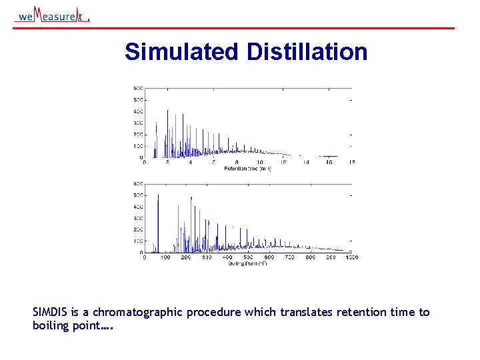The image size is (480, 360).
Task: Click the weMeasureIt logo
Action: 52,15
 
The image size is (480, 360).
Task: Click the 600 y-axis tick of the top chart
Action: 138,88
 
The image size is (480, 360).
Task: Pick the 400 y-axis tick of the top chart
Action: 138,111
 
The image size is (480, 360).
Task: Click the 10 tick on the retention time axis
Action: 259,162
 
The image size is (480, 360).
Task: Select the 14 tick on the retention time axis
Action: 306,162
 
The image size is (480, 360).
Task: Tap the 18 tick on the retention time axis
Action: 351,162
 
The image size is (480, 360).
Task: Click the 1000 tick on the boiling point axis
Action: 351,257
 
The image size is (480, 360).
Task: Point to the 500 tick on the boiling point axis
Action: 248,257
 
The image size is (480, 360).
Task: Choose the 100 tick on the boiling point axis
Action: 165,257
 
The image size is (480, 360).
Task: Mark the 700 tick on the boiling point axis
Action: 289,257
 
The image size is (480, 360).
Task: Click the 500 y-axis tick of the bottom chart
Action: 138,195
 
